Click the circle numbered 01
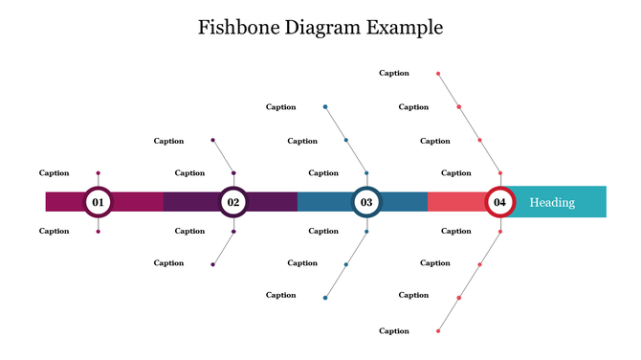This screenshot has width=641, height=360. click(x=98, y=202)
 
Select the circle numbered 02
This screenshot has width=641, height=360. click(x=232, y=202)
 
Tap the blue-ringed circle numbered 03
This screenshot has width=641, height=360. click(x=366, y=202)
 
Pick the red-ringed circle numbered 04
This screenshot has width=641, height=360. click(x=499, y=202)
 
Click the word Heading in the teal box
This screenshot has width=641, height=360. click(x=552, y=202)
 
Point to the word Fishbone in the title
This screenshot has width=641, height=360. click(x=239, y=27)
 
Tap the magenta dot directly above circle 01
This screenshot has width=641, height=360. click(x=98, y=173)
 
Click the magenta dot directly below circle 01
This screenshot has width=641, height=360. click(x=98, y=231)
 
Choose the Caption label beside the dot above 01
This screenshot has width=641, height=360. click(x=55, y=173)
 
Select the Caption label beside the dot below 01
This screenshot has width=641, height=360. click(x=55, y=231)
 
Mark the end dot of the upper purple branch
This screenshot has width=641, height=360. click(x=212, y=141)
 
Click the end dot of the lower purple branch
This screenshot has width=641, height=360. click(x=212, y=263)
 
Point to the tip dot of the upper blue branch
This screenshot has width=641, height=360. click(x=325, y=106)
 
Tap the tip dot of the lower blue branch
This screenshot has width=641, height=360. click(x=325, y=298)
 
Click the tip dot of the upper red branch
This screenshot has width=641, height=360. click(x=438, y=73)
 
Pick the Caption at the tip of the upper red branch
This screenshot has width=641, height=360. click(x=394, y=73)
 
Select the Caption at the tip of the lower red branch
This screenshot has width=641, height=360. click(x=394, y=331)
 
